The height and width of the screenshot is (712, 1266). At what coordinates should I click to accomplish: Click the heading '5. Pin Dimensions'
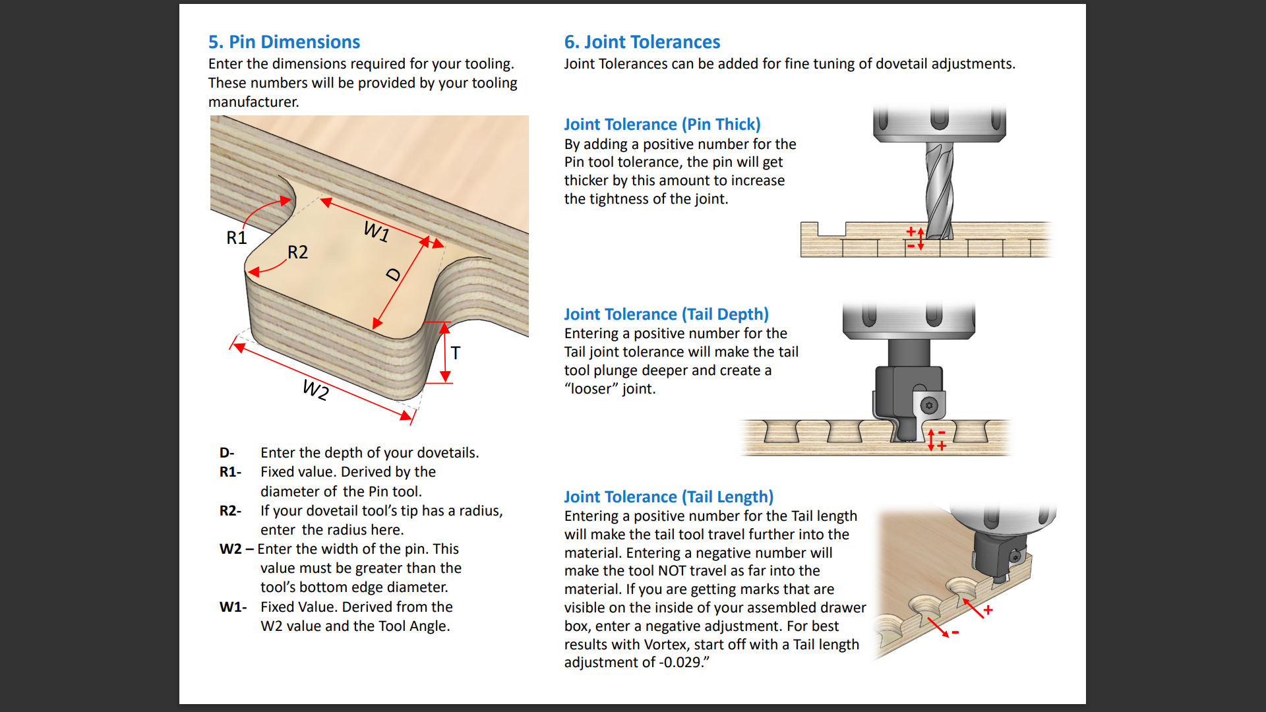point(284,42)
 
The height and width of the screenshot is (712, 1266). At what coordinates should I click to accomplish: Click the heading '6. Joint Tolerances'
point(642,42)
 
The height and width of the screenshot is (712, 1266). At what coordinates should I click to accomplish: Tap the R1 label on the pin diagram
point(236,237)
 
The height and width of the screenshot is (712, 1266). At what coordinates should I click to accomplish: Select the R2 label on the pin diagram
point(297,252)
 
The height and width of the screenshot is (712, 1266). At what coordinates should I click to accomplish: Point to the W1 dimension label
point(376,231)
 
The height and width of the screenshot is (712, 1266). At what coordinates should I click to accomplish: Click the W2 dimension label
point(315,390)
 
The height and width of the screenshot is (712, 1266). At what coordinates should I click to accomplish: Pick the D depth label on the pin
point(394,274)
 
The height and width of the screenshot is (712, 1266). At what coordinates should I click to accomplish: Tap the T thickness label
point(456,353)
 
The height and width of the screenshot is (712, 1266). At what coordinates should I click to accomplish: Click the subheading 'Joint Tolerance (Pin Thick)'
point(662,124)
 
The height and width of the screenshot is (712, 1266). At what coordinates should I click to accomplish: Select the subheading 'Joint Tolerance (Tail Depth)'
point(666,314)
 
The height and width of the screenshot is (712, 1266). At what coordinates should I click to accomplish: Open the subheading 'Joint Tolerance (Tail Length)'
point(669,496)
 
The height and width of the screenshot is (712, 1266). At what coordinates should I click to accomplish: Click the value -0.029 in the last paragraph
point(681,663)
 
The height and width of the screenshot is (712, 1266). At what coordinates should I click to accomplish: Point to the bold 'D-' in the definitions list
point(227,453)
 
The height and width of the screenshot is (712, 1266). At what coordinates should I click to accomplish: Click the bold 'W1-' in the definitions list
point(233,607)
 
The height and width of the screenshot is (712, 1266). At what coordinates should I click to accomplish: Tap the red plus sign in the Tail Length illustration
point(988,610)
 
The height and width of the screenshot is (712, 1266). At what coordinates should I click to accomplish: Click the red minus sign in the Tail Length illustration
point(955,633)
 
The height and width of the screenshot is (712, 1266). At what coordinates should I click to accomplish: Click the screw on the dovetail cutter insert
point(929,405)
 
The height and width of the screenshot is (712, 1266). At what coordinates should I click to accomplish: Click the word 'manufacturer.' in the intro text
point(254,102)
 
